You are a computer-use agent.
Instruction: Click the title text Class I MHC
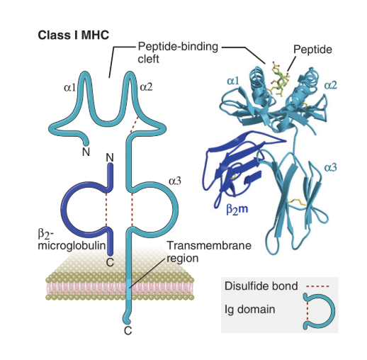[72, 35]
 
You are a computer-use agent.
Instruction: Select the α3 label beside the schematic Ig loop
[175, 181]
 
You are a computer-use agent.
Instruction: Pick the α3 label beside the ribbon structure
[331, 167]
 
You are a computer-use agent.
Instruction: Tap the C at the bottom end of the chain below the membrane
[128, 330]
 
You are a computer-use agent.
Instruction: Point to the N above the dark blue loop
[109, 157]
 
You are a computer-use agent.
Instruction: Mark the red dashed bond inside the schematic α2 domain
[134, 125]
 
